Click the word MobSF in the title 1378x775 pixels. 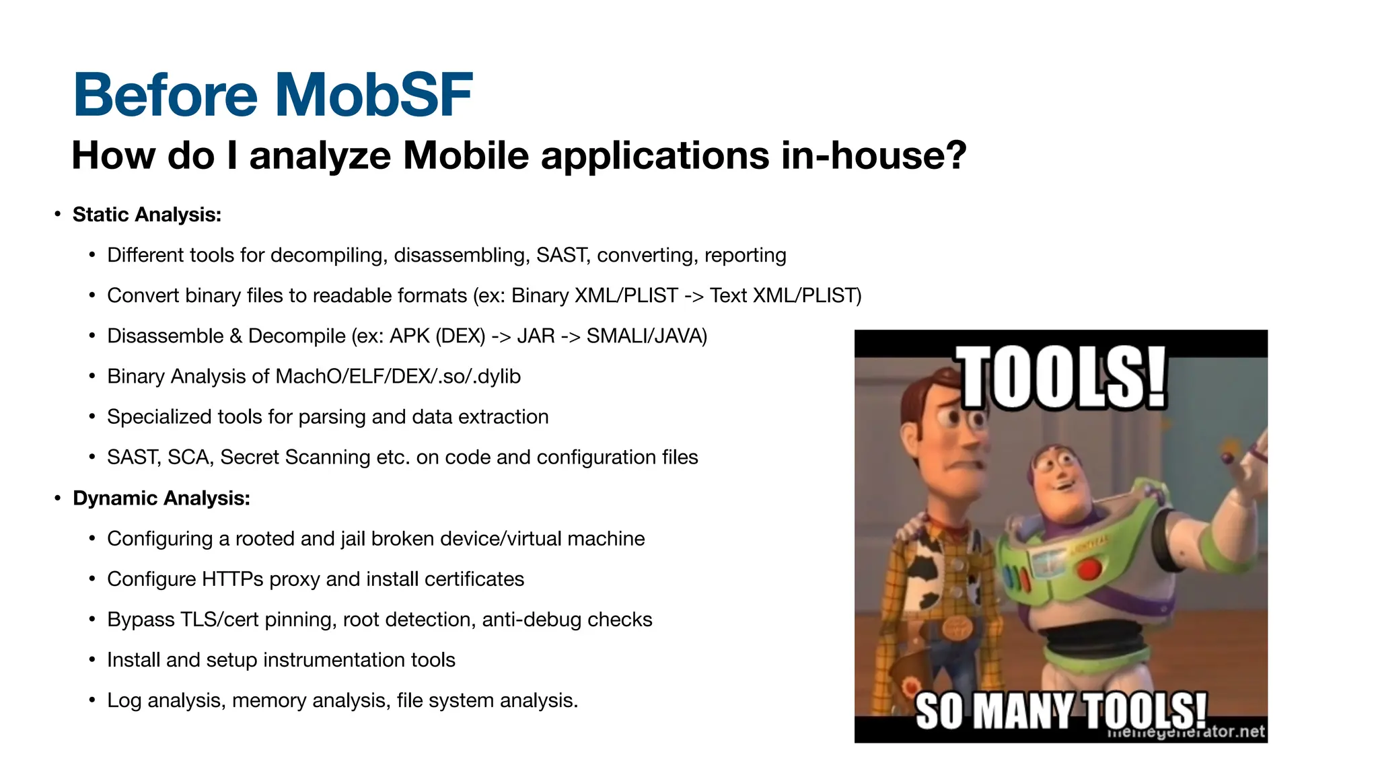tap(373, 95)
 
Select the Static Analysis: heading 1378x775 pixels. tap(147, 215)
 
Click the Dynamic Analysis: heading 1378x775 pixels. tap(161, 499)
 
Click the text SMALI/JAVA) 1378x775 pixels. tap(647, 336)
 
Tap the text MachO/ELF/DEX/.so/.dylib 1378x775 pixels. tap(398, 377)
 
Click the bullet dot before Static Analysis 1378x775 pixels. tap(58, 215)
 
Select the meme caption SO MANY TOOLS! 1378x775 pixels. tap(1060, 710)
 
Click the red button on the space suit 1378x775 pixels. tap(1089, 570)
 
